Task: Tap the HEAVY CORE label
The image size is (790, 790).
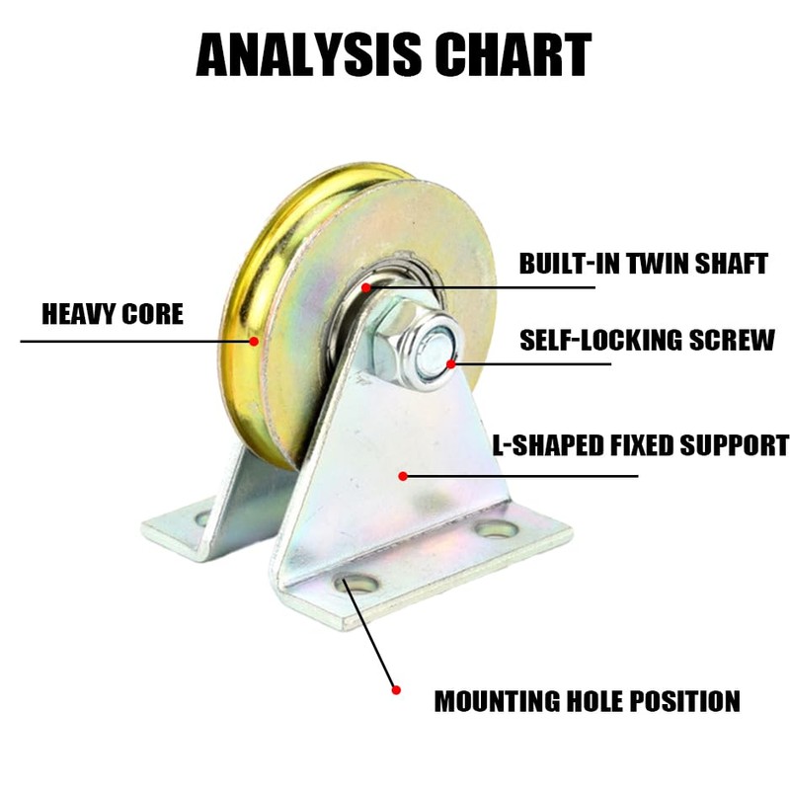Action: click(x=113, y=314)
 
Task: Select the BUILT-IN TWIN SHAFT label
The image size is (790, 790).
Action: click(x=644, y=264)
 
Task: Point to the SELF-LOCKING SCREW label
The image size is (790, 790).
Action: click(x=648, y=341)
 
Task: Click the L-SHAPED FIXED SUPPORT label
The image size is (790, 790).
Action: click(x=641, y=444)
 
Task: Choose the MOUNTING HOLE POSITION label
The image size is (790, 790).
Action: click(x=588, y=701)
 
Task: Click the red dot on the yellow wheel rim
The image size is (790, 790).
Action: click(x=254, y=342)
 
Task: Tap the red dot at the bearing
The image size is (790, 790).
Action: click(x=365, y=287)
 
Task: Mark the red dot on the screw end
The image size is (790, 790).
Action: click(x=450, y=363)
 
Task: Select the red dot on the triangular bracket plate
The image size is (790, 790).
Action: click(x=403, y=477)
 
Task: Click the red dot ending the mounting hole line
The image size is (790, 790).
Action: click(x=396, y=689)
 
